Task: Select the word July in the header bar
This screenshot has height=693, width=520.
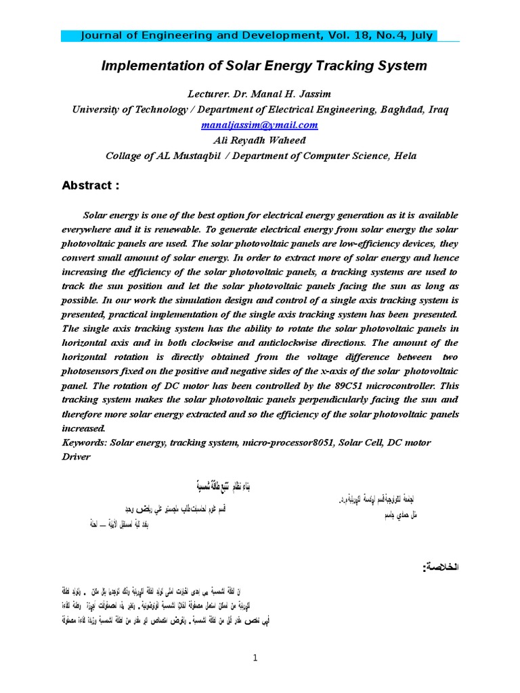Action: (420, 36)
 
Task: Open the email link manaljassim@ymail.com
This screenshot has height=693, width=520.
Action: (259, 125)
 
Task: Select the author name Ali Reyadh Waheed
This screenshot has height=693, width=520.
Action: (259, 140)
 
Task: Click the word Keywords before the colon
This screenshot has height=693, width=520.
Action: (83, 442)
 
